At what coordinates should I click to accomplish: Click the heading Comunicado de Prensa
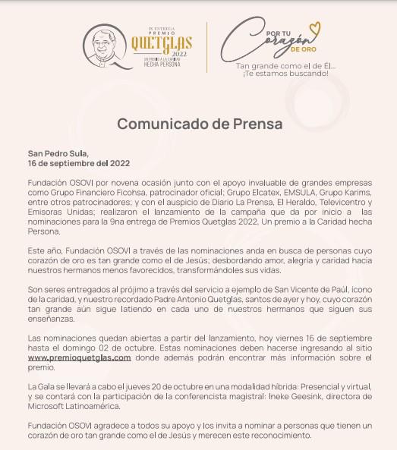coord(199,123)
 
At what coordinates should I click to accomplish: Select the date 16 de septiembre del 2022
coord(79,163)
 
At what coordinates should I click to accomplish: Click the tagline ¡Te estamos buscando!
coord(285,74)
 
